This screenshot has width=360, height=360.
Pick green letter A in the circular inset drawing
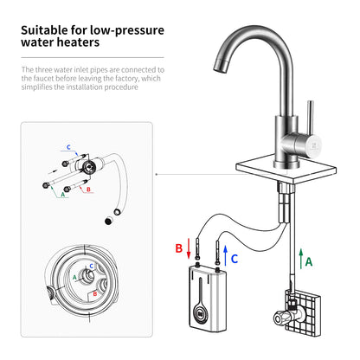coord(74,278)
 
